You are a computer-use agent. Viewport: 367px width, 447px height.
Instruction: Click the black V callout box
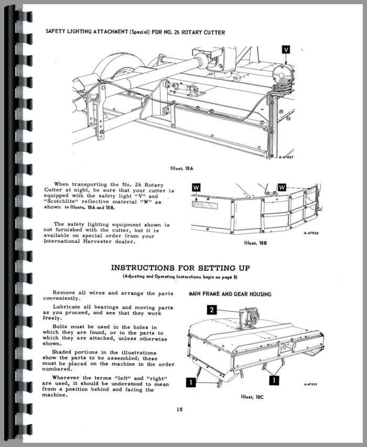(285, 50)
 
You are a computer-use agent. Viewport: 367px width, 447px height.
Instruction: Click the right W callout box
(282, 187)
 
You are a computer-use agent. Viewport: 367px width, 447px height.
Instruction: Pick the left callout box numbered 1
(191, 382)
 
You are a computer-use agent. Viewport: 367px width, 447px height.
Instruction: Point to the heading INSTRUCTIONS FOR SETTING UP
(180, 267)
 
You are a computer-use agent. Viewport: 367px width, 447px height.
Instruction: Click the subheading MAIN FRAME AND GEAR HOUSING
(230, 294)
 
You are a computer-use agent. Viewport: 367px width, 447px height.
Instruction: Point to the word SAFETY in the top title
(56, 32)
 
